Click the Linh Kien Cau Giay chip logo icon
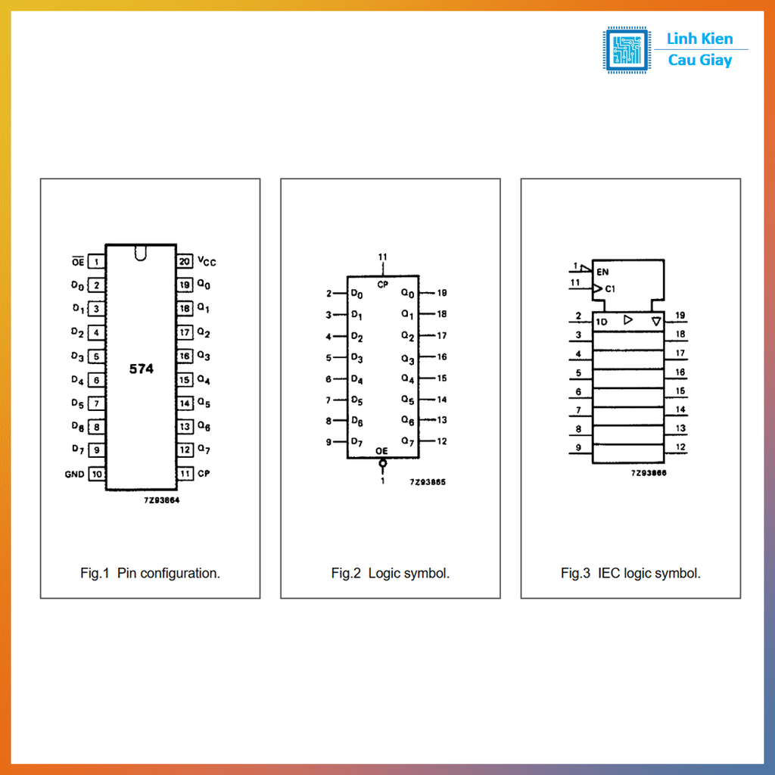pyautogui.click(x=626, y=49)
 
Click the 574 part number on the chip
pyautogui.click(x=142, y=369)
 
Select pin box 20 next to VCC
pyautogui.click(x=185, y=261)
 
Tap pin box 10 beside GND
pyautogui.click(x=97, y=474)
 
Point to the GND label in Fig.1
pyautogui.click(x=74, y=475)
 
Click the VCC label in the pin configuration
pyautogui.click(x=207, y=261)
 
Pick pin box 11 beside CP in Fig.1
pyautogui.click(x=185, y=474)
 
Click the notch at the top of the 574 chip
pyautogui.click(x=141, y=253)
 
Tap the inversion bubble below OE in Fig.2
pyautogui.click(x=382, y=463)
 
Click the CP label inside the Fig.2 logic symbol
pyautogui.click(x=382, y=285)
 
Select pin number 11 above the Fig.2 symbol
pyautogui.click(x=382, y=257)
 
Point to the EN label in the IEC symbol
pyautogui.click(x=602, y=272)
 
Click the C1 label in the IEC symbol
pyautogui.click(x=611, y=288)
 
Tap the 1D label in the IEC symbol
pyautogui.click(x=601, y=322)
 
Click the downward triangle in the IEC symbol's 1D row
pyautogui.click(x=656, y=322)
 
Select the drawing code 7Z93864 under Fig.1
pyautogui.click(x=162, y=500)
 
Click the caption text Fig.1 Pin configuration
pyautogui.click(x=151, y=574)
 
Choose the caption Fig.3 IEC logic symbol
pyautogui.click(x=630, y=574)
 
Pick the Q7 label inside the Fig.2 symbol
pyautogui.click(x=408, y=441)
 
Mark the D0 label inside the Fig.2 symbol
pyautogui.click(x=357, y=294)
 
